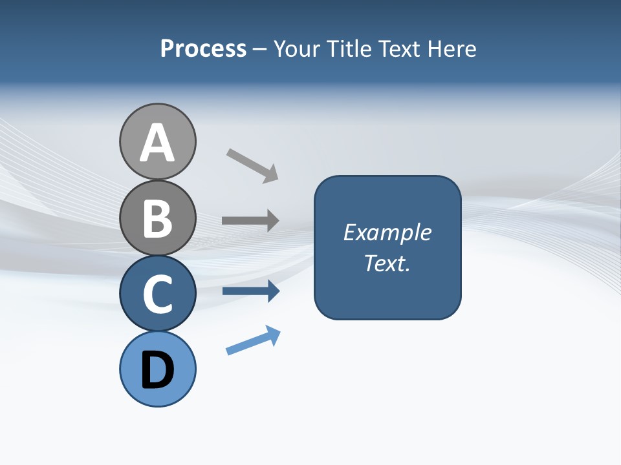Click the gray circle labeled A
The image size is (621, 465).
pyautogui.click(x=157, y=141)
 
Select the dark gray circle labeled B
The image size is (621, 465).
pyautogui.click(x=157, y=218)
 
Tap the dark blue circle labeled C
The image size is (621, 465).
pyautogui.click(x=157, y=293)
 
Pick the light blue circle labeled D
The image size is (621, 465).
pyautogui.click(x=157, y=369)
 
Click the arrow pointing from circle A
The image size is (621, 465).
pyautogui.click(x=252, y=165)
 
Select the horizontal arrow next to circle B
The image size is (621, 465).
pyautogui.click(x=250, y=221)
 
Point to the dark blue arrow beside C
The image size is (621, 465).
pyautogui.click(x=250, y=291)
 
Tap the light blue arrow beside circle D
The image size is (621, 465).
pyautogui.click(x=253, y=340)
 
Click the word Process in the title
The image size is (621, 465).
pyautogui.click(x=203, y=49)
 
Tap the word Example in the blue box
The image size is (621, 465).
pyautogui.click(x=387, y=232)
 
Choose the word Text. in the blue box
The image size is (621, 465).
pyautogui.click(x=387, y=263)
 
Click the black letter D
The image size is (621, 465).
pyautogui.click(x=157, y=370)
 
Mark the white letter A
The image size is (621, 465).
pyautogui.click(x=157, y=143)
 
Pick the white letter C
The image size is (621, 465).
pyautogui.click(x=157, y=294)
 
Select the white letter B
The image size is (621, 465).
pyautogui.click(x=157, y=219)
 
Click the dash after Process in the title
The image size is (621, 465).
pyautogui.click(x=259, y=50)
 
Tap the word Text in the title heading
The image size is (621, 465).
pyautogui.click(x=400, y=49)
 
